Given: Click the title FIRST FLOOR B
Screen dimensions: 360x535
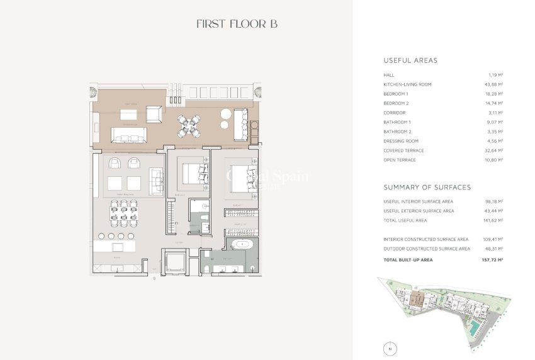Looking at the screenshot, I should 237,24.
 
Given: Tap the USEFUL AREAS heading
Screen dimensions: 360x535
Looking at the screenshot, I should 410,60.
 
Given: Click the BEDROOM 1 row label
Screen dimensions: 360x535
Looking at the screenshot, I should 396,94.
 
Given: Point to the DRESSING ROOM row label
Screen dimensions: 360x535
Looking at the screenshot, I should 401,141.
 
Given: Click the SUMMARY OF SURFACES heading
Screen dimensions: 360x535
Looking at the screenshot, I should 427,187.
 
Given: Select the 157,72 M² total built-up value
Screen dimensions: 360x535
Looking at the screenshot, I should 493,259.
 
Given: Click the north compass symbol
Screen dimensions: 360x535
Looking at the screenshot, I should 390,347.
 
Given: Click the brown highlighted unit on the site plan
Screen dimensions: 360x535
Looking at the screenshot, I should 414,301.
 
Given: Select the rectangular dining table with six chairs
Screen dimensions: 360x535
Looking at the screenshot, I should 123,213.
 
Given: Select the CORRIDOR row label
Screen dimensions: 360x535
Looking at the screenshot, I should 395,113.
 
